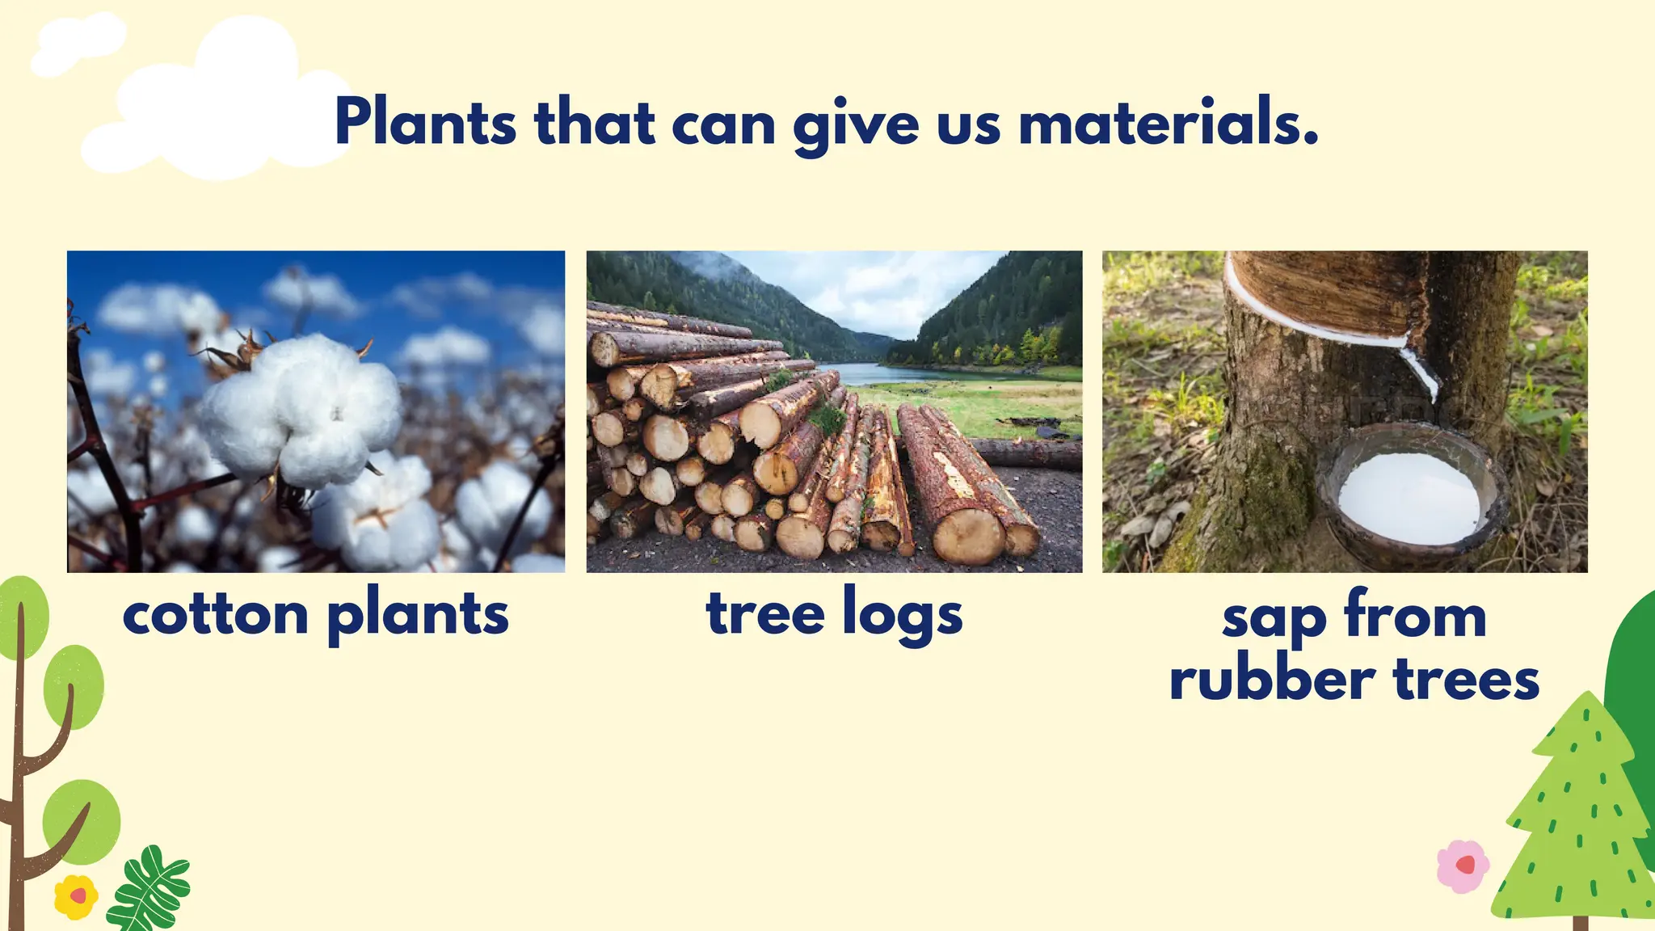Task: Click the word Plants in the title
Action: coord(425,123)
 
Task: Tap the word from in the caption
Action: coord(1416,616)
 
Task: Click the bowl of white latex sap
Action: coord(1410,497)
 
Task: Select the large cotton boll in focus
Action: coord(301,412)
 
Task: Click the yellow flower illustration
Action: coord(76,896)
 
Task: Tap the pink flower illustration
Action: coord(1463,866)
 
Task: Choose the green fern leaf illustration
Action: coord(149,889)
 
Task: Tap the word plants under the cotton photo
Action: coord(418,616)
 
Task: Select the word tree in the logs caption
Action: coord(765,614)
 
